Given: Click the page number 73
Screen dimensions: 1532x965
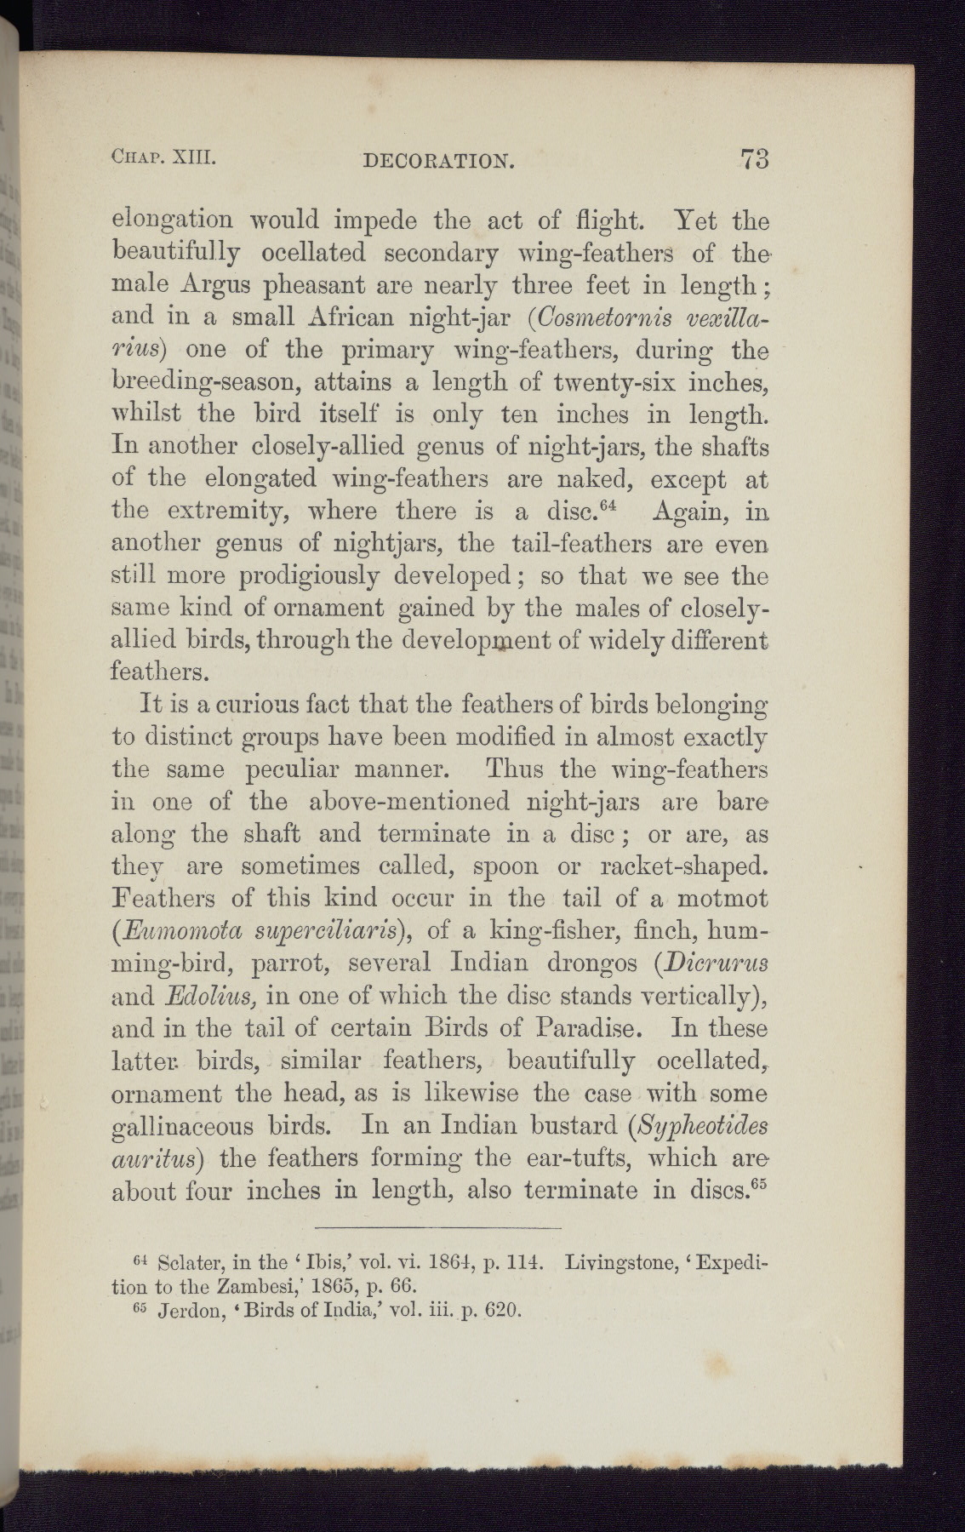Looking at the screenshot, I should click(x=755, y=160).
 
